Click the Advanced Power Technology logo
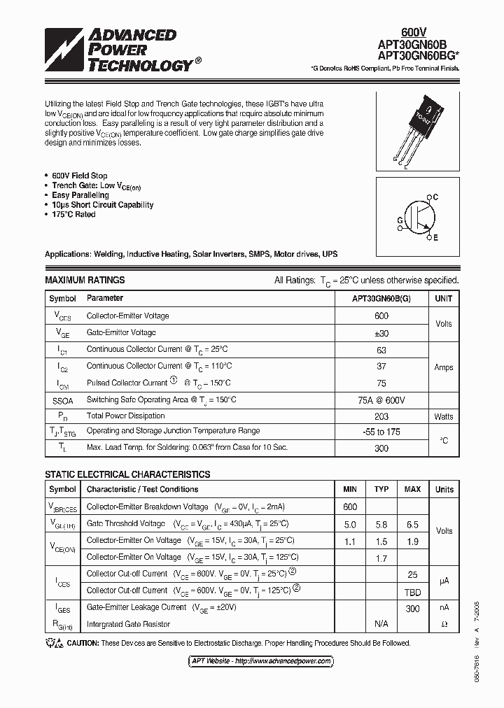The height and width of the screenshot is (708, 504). [x=119, y=50]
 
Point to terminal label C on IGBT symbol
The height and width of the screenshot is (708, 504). [x=435, y=198]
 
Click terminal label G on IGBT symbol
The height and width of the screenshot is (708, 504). [x=400, y=220]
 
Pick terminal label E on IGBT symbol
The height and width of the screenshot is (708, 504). [x=435, y=238]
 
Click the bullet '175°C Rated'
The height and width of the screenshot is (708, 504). [x=73, y=215]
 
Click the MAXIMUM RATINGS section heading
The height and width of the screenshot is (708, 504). [x=85, y=280]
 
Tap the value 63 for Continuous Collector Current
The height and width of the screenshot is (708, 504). [x=381, y=349]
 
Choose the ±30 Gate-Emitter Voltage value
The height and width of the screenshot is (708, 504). [x=381, y=333]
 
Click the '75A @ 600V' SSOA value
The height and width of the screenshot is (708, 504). [x=381, y=399]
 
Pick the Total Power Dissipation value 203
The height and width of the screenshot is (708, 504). [x=381, y=416]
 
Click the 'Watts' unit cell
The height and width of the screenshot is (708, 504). [x=444, y=416]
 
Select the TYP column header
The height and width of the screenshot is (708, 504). [x=381, y=489]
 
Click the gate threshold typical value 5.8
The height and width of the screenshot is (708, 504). [x=381, y=524]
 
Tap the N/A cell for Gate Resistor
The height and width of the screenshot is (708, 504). [x=381, y=624]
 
